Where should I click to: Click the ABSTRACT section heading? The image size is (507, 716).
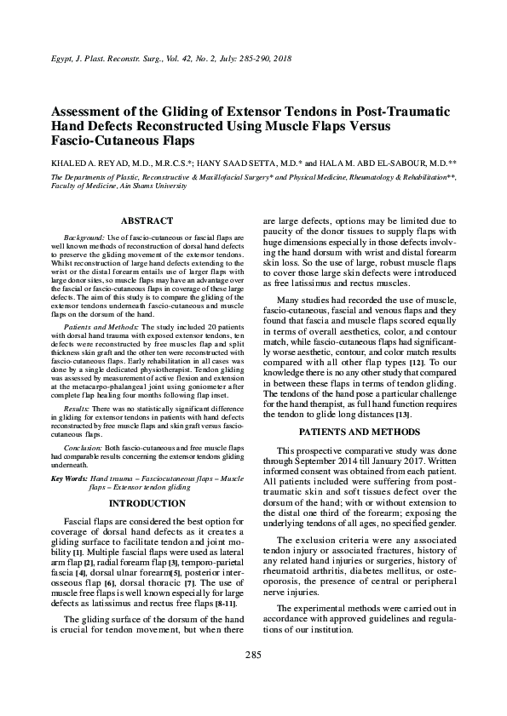[x=147, y=221]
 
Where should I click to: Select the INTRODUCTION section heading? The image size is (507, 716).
[x=147, y=503]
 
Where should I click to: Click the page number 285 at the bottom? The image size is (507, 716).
[x=252, y=679]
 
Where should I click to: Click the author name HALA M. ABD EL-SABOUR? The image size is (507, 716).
[x=382, y=162]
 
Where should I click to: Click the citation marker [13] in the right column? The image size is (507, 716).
[x=402, y=415]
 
